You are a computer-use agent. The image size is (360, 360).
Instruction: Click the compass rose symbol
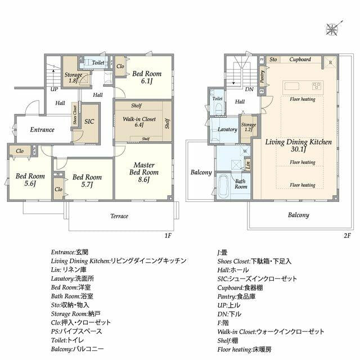click(332, 29)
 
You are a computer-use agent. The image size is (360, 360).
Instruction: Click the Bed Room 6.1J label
click(147, 77)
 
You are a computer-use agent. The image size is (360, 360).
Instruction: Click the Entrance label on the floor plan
click(42, 129)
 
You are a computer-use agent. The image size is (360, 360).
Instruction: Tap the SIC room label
click(89, 121)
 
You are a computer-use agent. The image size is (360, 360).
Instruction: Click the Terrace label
click(119, 216)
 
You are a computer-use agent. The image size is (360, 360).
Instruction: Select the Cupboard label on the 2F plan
click(300, 59)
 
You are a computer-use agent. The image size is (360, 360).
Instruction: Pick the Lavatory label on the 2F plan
click(227, 129)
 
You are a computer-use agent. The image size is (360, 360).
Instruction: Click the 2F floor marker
click(347, 236)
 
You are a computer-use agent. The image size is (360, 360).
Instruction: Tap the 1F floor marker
click(168, 236)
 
